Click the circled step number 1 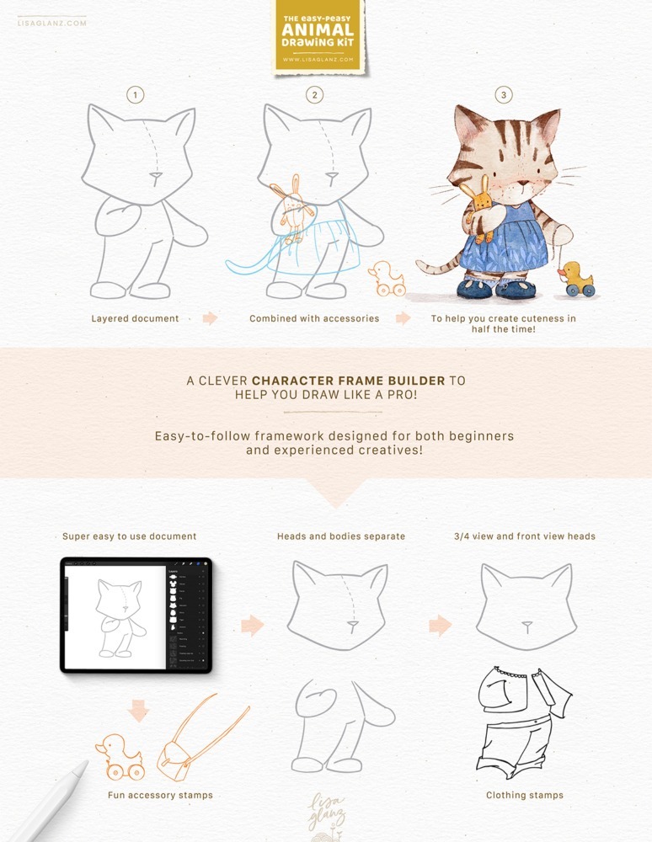click(136, 95)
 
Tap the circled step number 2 click(315, 95)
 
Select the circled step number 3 click(504, 95)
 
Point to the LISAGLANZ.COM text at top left click(51, 22)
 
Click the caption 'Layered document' click(135, 319)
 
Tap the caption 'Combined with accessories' click(314, 319)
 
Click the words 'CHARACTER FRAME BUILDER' click(349, 381)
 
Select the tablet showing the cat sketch click(136, 615)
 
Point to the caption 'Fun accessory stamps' click(160, 795)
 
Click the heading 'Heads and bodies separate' click(341, 536)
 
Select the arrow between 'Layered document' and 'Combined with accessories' click(211, 319)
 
